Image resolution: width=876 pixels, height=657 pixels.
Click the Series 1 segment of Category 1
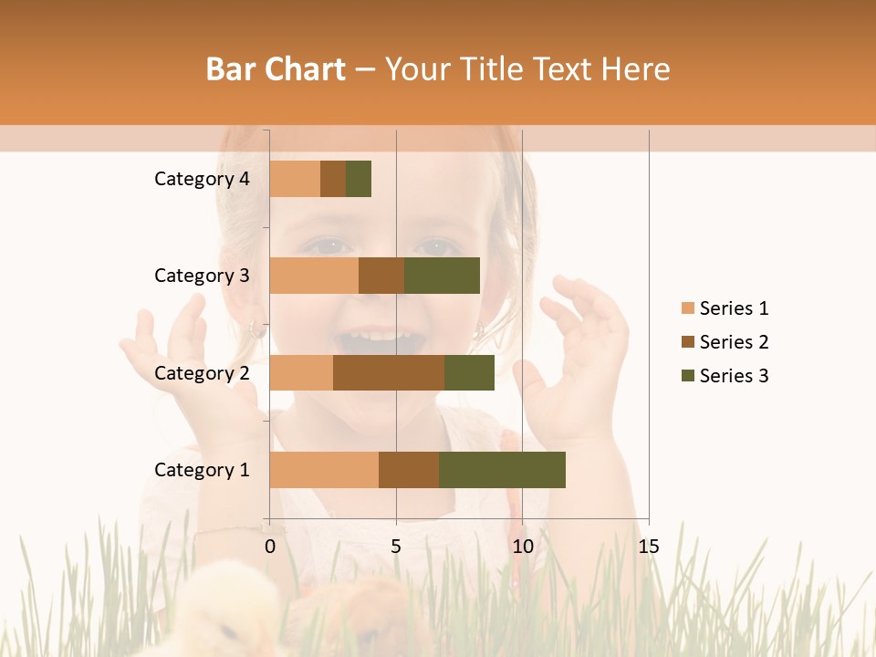(x=324, y=470)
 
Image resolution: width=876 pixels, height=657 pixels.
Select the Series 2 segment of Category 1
(x=409, y=470)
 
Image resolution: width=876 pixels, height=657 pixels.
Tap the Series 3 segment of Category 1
(x=502, y=470)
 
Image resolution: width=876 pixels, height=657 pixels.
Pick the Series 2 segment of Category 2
(x=389, y=372)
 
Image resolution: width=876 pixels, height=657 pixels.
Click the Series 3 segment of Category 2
(x=469, y=372)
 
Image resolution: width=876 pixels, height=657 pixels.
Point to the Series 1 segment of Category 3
(x=314, y=276)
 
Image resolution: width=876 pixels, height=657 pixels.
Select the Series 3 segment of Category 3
(x=442, y=276)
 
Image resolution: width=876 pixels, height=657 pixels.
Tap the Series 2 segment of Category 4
(x=333, y=179)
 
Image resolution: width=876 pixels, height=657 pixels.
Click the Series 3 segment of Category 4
(x=359, y=179)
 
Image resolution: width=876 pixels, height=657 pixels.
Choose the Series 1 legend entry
(x=734, y=308)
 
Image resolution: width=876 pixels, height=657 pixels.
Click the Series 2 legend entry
(x=734, y=342)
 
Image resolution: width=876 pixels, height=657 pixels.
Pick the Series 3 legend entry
(x=734, y=376)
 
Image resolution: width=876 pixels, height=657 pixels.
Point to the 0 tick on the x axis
(x=270, y=547)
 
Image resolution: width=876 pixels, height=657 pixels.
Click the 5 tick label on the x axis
(x=396, y=547)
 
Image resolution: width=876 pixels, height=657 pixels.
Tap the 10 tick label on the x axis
(x=522, y=547)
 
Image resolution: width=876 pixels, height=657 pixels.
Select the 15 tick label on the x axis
(x=648, y=547)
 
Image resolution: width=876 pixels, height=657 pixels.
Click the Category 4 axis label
(x=202, y=179)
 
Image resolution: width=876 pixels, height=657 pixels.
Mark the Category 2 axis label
(x=202, y=372)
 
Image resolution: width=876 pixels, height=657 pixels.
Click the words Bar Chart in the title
(x=276, y=69)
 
